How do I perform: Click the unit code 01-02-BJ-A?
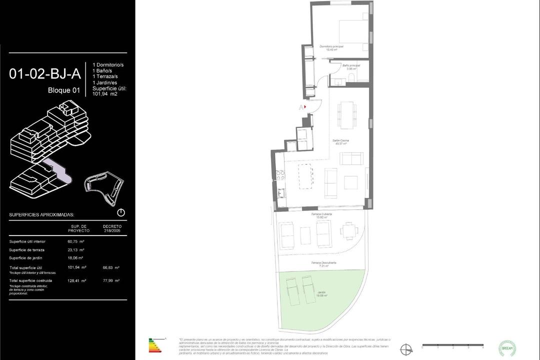pos(45,74)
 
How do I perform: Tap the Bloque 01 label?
pos(64,90)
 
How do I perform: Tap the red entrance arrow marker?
pos(304,106)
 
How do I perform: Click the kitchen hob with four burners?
pos(280,175)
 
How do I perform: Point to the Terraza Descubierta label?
pos(324,263)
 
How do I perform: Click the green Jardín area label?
pos(322,294)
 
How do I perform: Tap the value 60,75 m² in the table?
pos(75,241)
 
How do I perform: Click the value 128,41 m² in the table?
pos(76,280)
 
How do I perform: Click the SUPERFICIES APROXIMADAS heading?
pos(41,214)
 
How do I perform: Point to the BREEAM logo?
pos(507,347)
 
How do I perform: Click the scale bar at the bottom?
pos(452,345)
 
